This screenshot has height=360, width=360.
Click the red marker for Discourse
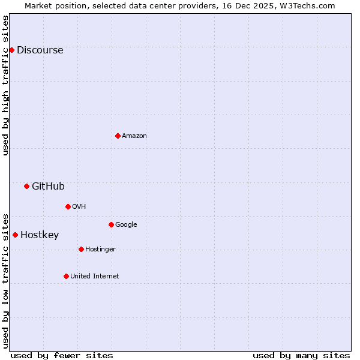11,50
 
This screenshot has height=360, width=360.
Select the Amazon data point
118,136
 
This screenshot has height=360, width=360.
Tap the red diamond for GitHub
26,186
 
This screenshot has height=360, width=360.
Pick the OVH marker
68,206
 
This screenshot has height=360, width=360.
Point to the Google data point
111,224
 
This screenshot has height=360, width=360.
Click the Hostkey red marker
15,235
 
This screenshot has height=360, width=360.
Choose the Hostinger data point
81,249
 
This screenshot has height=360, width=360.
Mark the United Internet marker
66,276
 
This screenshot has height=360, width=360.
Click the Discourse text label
40,50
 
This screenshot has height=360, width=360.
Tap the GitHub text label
48,187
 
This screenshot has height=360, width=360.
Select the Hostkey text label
40,235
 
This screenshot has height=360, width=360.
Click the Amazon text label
134,136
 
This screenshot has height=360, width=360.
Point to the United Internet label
94,277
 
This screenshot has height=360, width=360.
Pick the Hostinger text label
100,250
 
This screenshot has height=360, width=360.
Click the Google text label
126,225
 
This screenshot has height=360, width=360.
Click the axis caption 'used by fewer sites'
62,355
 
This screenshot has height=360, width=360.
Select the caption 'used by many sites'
301,355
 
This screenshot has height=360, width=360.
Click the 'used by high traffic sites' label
6,85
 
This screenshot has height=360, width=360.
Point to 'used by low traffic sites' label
6,280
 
